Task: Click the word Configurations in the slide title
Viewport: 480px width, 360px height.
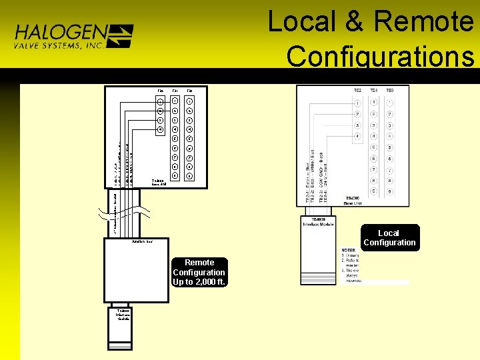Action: pyautogui.click(x=380, y=56)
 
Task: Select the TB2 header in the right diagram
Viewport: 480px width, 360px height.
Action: pyautogui.click(x=357, y=90)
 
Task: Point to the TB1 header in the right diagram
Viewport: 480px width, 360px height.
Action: pyautogui.click(x=374, y=90)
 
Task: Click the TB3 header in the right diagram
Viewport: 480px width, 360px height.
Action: pyautogui.click(x=390, y=90)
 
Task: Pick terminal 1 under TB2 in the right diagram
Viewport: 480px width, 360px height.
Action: pyautogui.click(x=357, y=103)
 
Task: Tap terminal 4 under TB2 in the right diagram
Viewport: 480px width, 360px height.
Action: pyautogui.click(x=357, y=137)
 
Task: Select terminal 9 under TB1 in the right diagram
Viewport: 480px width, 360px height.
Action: pyautogui.click(x=374, y=191)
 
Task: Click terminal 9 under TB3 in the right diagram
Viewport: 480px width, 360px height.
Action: pyautogui.click(x=390, y=191)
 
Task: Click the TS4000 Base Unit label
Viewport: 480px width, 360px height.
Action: pyautogui.click(x=353, y=201)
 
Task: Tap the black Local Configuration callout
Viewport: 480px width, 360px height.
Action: pyautogui.click(x=390, y=238)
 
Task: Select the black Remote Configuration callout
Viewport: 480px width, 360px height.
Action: pyautogui.click(x=199, y=272)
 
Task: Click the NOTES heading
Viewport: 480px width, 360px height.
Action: pyautogui.click(x=351, y=249)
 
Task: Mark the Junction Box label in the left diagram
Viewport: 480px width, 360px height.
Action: pyautogui.click(x=143, y=241)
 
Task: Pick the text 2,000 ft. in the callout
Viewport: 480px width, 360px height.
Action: pyautogui.click(x=210, y=282)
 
